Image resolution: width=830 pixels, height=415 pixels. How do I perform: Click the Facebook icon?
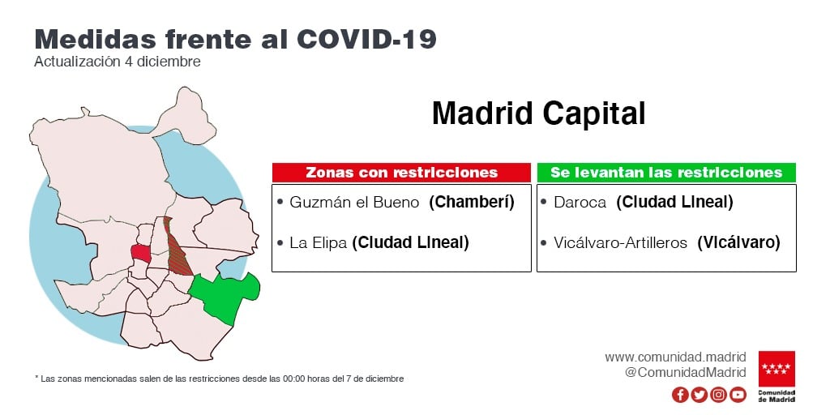[x=680, y=395]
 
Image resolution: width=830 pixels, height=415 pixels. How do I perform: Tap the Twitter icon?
[x=700, y=395]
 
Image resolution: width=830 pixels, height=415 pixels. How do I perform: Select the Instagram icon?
[x=718, y=395]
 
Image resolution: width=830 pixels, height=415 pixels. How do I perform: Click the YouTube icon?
[x=738, y=395]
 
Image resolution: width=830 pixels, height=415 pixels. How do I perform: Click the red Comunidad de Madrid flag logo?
[x=777, y=369]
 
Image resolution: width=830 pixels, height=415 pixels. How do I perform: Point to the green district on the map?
[x=226, y=297]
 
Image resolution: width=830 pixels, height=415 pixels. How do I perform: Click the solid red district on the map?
[x=141, y=253]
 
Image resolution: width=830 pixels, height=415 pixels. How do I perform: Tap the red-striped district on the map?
[x=178, y=249]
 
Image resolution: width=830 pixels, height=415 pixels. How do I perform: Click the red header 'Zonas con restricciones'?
[x=401, y=173]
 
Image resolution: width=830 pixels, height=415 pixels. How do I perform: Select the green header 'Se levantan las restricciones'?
[x=666, y=173]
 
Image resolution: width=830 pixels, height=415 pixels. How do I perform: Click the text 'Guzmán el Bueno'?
[x=355, y=202]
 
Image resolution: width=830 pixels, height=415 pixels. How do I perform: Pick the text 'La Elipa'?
[x=318, y=243]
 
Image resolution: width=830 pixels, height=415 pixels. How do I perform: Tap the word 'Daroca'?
[x=580, y=202]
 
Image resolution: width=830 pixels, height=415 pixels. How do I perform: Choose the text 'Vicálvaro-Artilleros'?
[x=620, y=243]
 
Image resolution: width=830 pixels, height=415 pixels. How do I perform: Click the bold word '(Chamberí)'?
[x=472, y=202]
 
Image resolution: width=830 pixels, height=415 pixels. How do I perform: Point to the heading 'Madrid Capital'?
[x=539, y=113]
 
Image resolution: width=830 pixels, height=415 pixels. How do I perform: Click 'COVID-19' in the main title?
[x=366, y=39]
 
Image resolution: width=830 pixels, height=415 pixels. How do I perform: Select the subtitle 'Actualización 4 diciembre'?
[x=118, y=62]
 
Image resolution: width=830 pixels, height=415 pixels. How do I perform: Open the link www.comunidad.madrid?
[x=675, y=357]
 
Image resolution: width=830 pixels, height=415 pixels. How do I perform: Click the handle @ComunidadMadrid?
[x=686, y=372]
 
